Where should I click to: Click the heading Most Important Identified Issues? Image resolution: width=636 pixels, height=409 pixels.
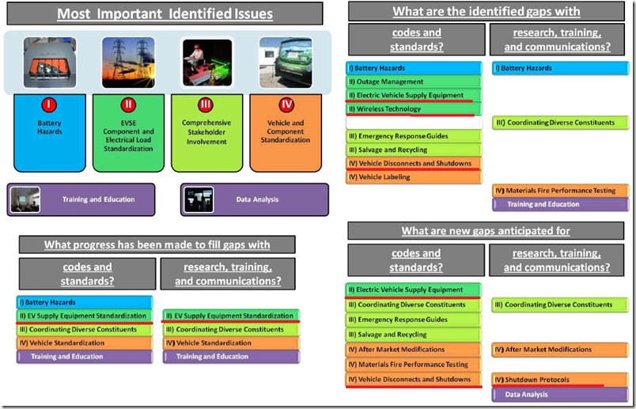pos(164,13)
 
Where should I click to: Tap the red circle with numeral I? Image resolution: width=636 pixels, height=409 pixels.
pos(49,104)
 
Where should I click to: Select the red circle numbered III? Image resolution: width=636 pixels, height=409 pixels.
pos(206,104)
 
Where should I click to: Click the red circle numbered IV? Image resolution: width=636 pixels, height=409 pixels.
pos(286,104)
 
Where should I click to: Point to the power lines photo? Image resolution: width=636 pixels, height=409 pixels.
pos(128,62)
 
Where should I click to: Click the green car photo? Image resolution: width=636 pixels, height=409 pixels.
pos(286,62)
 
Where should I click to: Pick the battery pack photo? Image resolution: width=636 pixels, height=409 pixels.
pos(49,62)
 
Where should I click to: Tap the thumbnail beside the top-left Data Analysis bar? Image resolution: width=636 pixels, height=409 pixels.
pos(199,200)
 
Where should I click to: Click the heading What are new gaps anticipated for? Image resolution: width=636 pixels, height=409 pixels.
pos(486,231)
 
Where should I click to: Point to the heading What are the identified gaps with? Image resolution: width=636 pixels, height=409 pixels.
pos(486,12)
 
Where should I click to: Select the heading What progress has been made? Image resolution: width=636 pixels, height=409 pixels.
pos(157,244)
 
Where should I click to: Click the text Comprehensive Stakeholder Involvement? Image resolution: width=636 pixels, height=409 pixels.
pos(206,132)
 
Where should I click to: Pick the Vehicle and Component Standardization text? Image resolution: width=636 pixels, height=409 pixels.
pos(286,132)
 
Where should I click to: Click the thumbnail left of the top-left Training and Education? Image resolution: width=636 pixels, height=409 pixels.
pos(25,199)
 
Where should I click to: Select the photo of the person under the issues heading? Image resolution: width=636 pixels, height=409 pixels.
pos(206,62)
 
